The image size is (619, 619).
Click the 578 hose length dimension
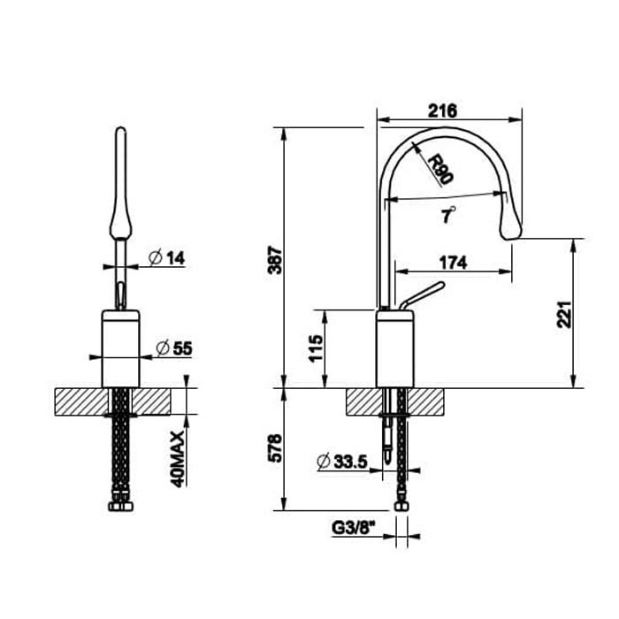coord(275,450)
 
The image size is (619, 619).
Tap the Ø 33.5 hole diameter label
coord(340,461)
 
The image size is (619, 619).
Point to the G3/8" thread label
coord(354,528)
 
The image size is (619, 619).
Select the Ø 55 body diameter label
coord(173,348)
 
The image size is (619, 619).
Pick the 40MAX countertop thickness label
coord(178,456)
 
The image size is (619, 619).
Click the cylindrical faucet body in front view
coord(120,349)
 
